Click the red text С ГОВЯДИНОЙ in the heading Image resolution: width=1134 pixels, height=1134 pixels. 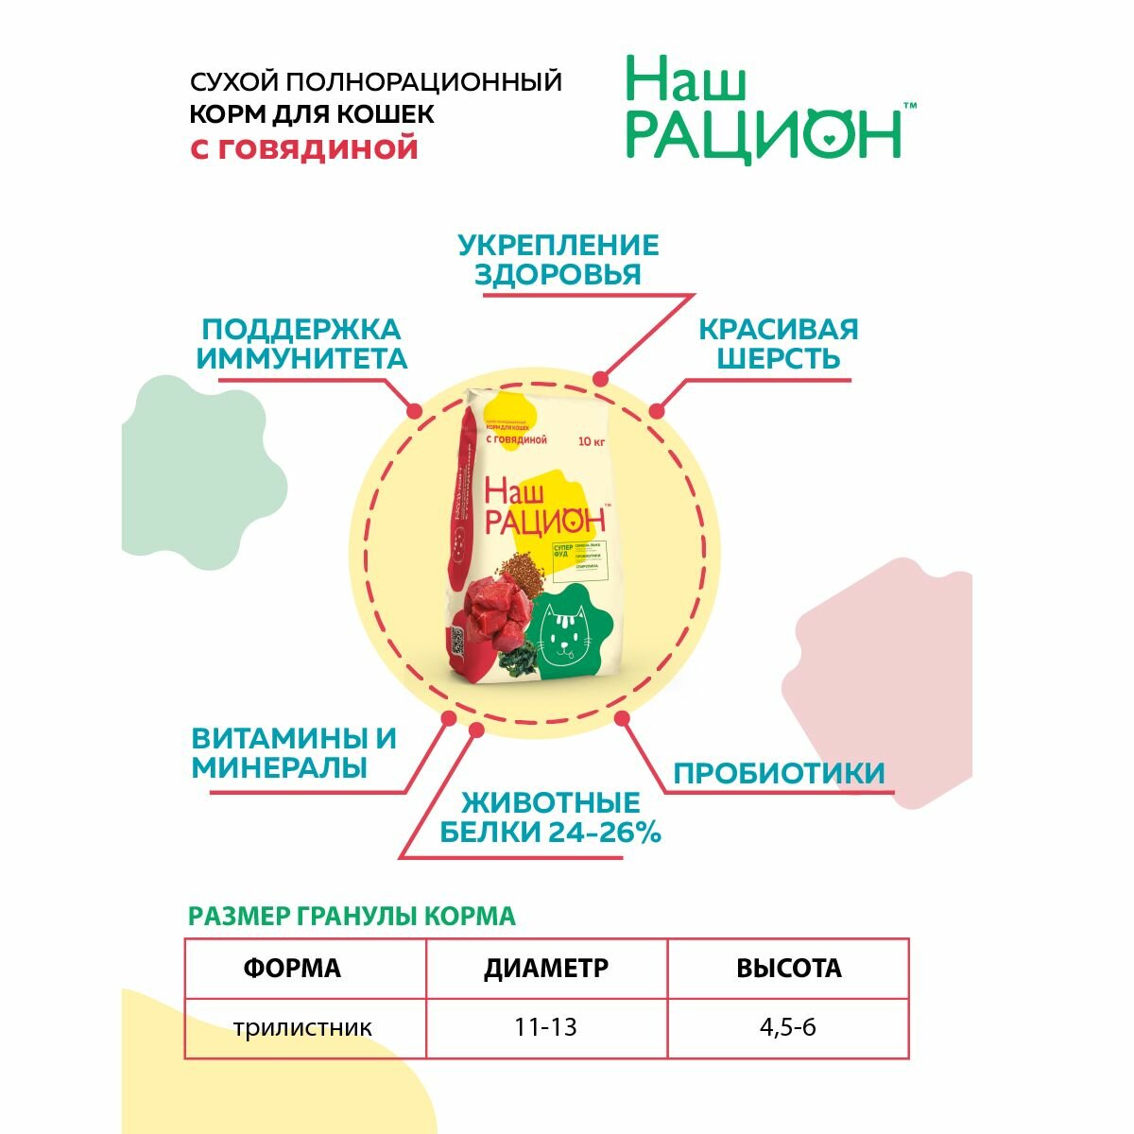304,148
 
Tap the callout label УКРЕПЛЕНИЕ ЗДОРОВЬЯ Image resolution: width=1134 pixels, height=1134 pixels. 558,260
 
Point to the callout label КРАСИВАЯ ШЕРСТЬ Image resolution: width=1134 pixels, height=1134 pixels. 778,344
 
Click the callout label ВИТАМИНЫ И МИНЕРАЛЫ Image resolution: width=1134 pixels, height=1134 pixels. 294,752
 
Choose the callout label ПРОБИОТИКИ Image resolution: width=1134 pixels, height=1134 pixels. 779,773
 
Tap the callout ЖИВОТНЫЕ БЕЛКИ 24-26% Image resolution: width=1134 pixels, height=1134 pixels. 550,818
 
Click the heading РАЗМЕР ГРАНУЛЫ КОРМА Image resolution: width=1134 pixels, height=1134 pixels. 352,916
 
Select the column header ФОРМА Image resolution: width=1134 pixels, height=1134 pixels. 292,969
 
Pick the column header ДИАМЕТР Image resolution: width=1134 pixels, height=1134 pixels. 546,969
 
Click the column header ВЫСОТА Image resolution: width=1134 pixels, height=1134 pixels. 788,969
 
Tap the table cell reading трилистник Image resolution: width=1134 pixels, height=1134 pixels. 303,1027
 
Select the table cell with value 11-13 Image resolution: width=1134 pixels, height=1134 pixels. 546,1027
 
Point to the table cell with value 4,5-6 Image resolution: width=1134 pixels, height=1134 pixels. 787,1027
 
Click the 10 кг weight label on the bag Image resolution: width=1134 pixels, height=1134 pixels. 593,441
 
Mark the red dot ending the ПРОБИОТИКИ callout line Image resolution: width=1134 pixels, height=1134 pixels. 622,718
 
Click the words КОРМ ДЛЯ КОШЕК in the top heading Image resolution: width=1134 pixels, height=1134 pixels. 313,114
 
